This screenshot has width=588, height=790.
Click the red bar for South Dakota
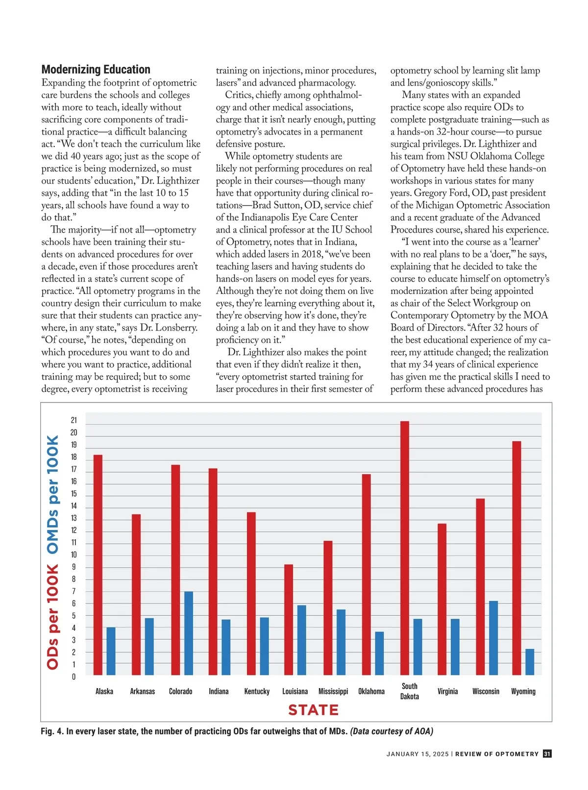click(405, 548)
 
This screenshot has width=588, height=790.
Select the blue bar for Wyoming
click(530, 662)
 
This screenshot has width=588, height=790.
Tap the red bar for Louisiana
click(289, 620)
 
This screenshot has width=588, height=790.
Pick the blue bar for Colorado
click(189, 633)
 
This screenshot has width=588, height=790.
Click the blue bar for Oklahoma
click(379, 653)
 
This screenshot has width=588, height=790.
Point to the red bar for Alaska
click(98, 565)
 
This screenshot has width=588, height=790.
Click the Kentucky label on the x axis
click(257, 692)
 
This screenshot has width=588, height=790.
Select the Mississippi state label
click(333, 692)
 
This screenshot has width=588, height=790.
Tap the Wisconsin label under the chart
click(486, 692)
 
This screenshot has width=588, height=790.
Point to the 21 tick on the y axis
click(74, 420)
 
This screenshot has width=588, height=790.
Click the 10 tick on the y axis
click(74, 555)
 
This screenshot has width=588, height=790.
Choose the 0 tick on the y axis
click(74, 677)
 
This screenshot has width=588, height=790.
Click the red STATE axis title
click(314, 710)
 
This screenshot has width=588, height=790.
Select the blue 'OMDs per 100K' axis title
click(52, 495)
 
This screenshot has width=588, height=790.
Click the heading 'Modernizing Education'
click(96, 70)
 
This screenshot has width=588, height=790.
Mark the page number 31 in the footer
click(547, 754)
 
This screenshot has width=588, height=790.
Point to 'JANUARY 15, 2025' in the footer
click(417, 754)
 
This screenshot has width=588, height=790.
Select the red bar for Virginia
click(442, 599)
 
